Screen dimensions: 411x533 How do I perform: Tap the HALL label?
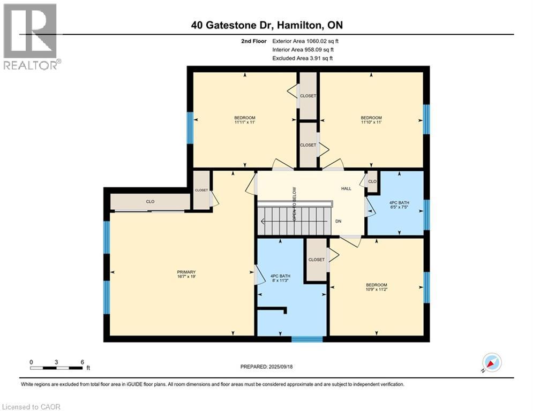point(347,188)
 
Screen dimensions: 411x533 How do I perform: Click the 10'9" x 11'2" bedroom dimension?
point(376,290)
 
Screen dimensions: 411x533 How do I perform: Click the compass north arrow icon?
point(491,363)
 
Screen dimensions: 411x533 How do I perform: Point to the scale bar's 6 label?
point(82,362)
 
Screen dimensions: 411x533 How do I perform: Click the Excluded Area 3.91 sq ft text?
point(303,58)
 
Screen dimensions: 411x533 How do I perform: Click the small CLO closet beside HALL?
point(372,181)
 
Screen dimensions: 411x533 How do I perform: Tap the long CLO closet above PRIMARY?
point(151,202)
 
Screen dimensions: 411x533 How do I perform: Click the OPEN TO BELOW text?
point(294,204)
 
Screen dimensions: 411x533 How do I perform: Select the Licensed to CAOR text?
point(32,407)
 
